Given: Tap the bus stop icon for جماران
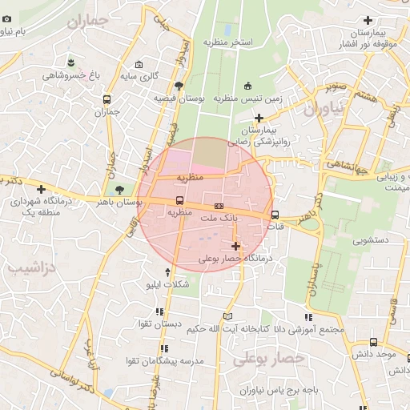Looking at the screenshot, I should [107, 100].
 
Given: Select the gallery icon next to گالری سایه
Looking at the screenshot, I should [139, 65].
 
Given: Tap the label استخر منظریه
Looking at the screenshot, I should [227, 41].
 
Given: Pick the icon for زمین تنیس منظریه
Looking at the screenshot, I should [247, 86].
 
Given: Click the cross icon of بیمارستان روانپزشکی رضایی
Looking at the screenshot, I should [259, 118].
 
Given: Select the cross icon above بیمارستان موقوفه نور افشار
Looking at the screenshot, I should [368, 20].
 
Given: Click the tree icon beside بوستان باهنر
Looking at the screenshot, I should [119, 190].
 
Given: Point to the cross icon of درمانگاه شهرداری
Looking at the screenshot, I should [42, 189].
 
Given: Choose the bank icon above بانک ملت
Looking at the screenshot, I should [219, 207].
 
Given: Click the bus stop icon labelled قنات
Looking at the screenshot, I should [275, 215].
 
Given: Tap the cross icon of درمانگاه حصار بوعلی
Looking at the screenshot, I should [235, 247].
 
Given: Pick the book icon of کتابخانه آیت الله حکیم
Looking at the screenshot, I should [227, 316].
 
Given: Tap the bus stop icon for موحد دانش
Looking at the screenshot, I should [373, 342].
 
